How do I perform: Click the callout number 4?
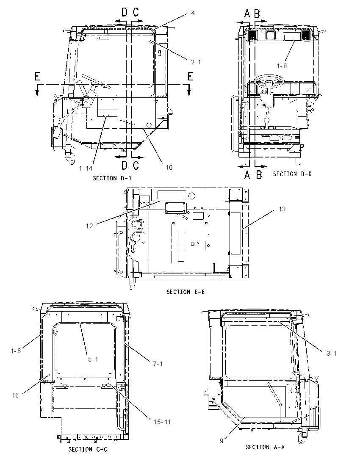coord(193,13)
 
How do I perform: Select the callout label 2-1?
coord(196,62)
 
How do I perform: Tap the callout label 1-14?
coord(86,168)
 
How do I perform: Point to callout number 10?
coord(169,168)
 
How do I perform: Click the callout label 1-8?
coord(282,66)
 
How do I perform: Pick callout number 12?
coord(89,226)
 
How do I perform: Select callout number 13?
coord(282,209)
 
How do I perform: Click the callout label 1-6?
coord(16,351)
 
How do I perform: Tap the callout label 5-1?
coord(93,359)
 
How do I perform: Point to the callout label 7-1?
coord(158,364)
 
